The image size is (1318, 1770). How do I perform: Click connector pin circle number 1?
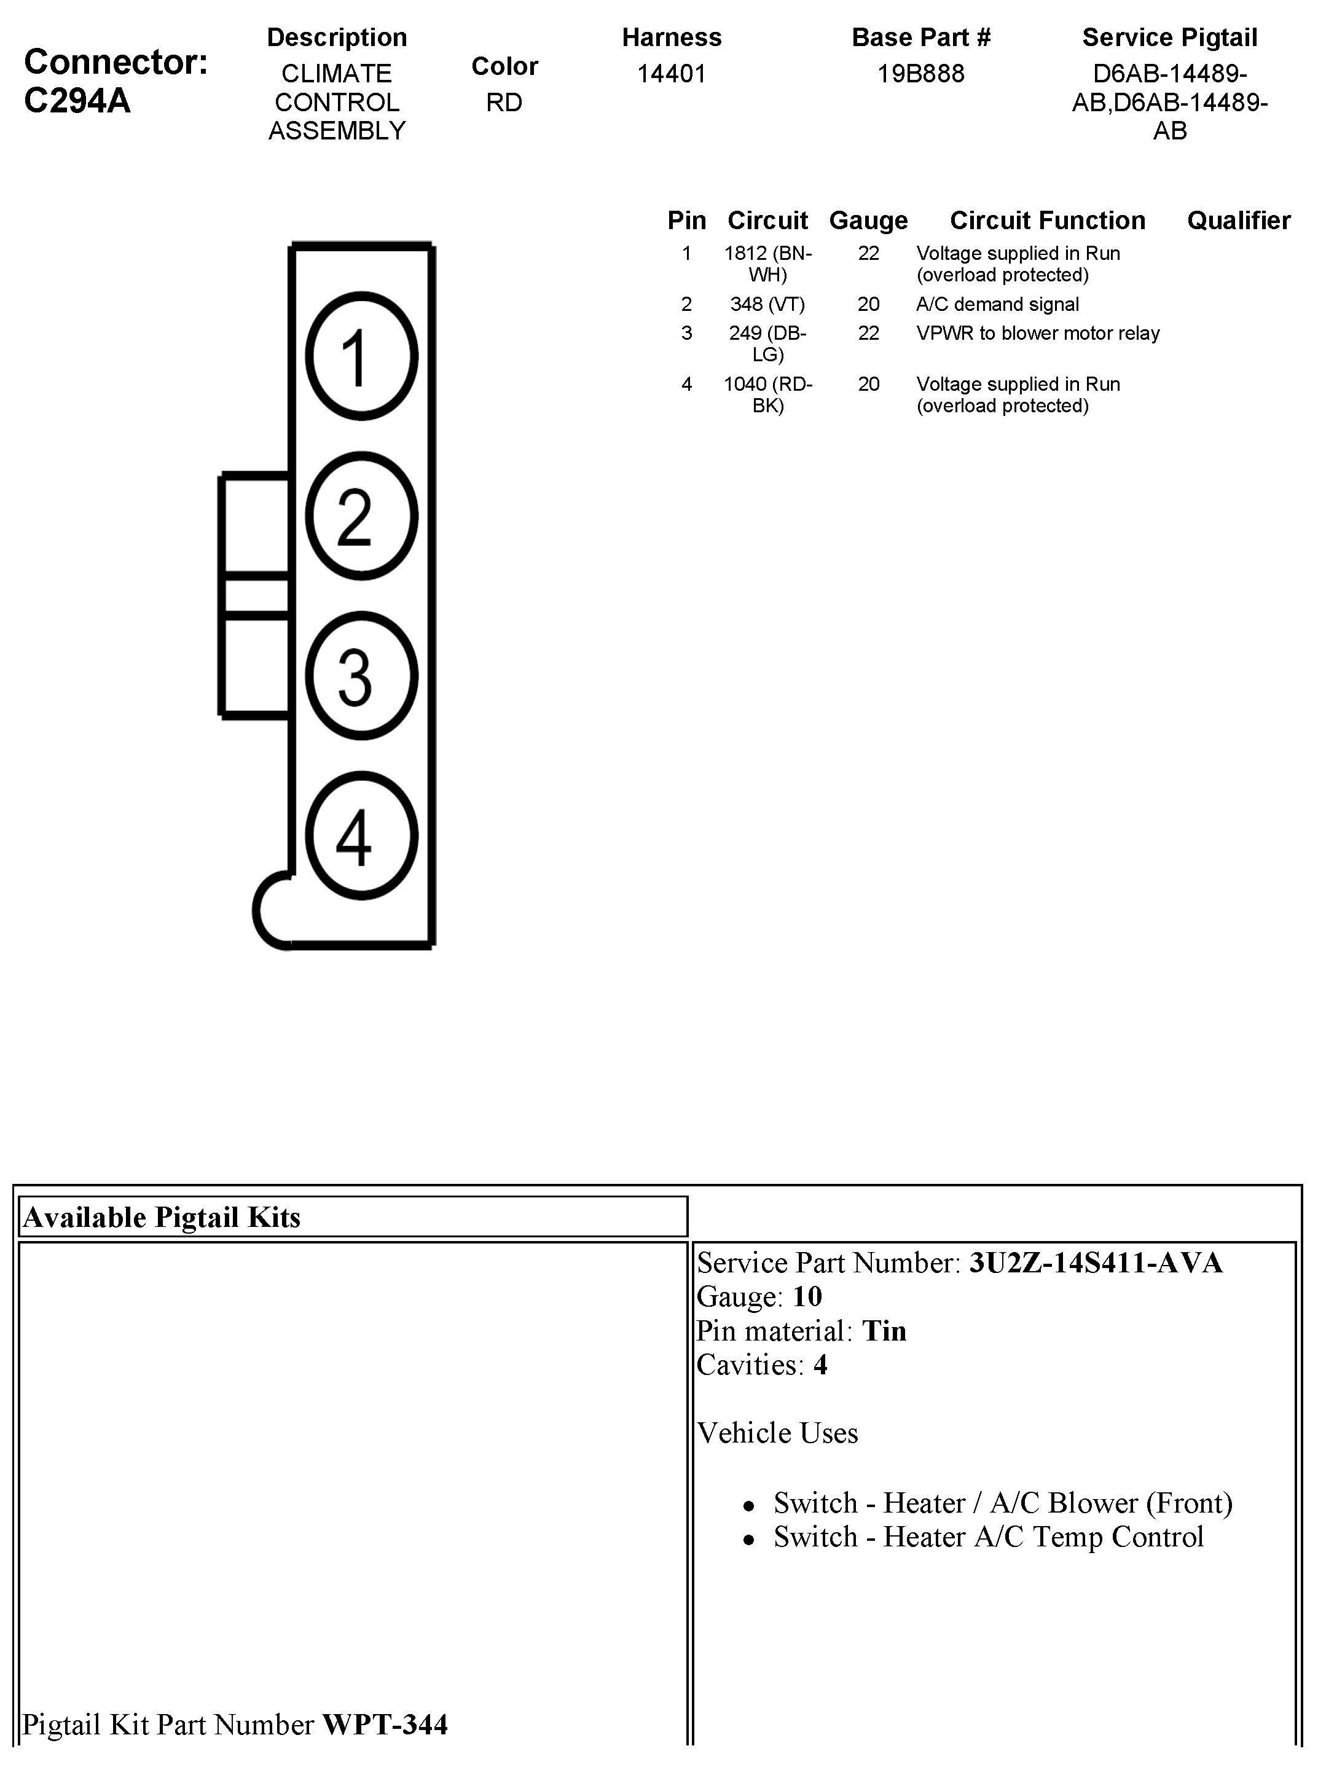[361, 356]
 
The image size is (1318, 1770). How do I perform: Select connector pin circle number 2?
[361, 516]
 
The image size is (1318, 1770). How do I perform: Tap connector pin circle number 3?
[361, 676]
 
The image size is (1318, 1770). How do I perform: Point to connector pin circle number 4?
[361, 835]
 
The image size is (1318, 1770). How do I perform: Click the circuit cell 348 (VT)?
[767, 304]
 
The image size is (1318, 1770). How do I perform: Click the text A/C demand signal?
[997, 304]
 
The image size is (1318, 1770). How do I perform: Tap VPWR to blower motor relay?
[1037, 334]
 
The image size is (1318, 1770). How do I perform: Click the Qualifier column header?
[1238, 220]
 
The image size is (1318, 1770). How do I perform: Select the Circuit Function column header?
[1047, 220]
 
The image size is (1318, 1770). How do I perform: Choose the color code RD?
[504, 103]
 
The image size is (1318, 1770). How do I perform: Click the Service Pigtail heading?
[1169, 37]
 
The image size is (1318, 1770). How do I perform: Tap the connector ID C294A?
[77, 101]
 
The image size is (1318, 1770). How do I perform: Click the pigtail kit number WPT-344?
[385, 1725]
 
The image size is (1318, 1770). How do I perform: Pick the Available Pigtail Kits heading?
[162, 1217]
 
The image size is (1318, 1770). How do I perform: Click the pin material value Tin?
[884, 1331]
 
